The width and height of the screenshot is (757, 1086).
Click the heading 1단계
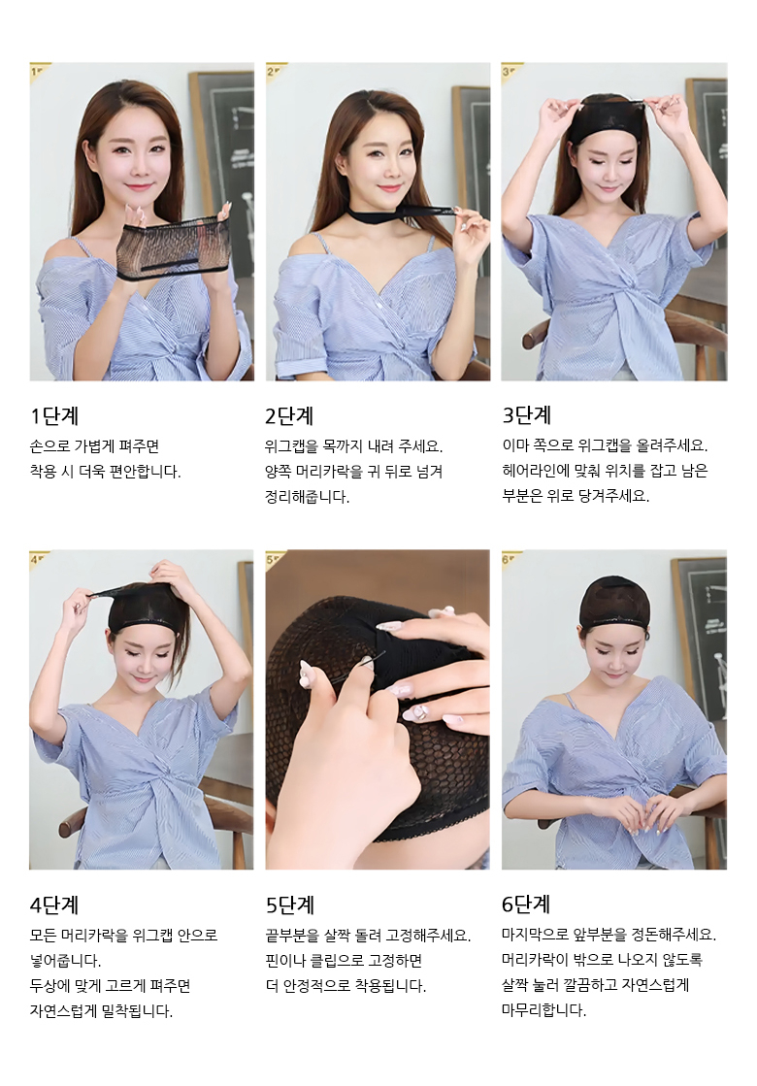[54, 416]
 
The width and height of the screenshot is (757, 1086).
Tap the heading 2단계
[289, 416]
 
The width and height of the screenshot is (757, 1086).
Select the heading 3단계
[526, 416]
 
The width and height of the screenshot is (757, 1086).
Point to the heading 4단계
[54, 905]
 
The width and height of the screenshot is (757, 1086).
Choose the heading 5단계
[290, 905]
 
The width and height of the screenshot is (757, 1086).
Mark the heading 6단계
[526, 905]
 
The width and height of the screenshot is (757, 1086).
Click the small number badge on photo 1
[39, 71]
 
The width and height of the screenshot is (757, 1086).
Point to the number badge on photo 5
[275, 558]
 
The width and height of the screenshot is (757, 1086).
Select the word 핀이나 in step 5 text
[286, 961]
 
